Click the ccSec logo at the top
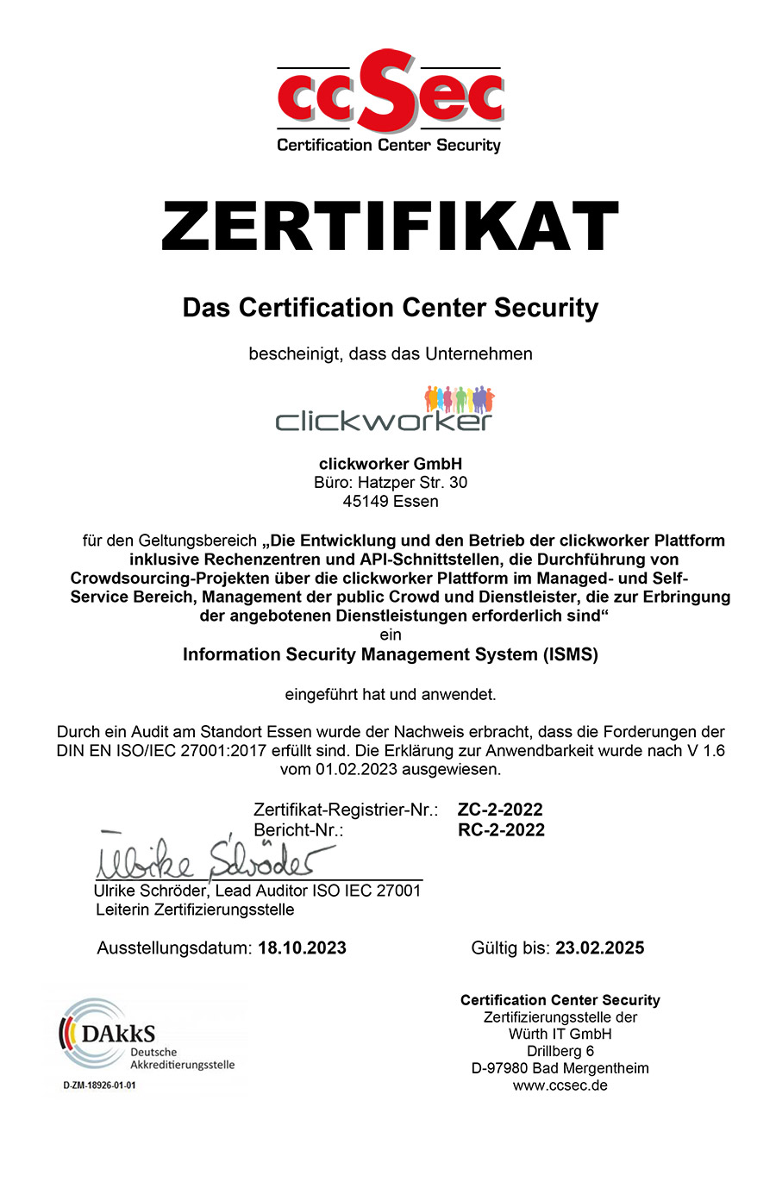point(390,102)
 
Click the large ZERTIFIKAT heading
point(390,226)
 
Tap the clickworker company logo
point(385,410)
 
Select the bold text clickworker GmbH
point(390,464)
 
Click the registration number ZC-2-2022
point(500,810)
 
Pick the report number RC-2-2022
point(501,830)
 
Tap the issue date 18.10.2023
point(302,948)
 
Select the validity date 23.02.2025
point(599,948)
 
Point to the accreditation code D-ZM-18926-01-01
point(99,1085)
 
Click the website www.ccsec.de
point(560,1085)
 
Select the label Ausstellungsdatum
point(175,948)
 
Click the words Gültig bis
point(510,948)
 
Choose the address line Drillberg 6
point(560,1051)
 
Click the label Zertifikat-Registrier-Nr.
point(346,810)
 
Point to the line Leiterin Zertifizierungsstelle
point(195,910)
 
